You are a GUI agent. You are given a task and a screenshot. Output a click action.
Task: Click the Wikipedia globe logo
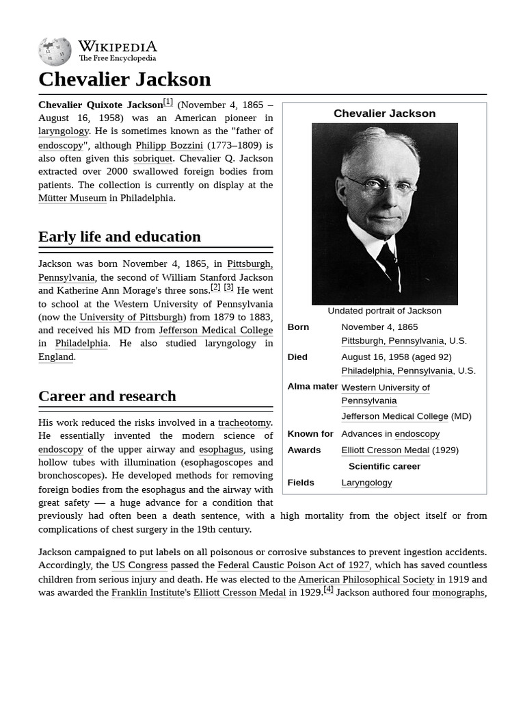55,52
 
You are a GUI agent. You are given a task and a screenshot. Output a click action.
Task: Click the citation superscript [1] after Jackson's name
168,102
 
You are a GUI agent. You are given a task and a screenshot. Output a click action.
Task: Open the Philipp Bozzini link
169,145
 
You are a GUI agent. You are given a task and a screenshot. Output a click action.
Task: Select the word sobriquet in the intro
152,158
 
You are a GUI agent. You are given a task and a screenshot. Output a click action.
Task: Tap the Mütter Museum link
72,198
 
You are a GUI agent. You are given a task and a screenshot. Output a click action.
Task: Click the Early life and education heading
120,237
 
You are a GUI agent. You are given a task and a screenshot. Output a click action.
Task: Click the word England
56,357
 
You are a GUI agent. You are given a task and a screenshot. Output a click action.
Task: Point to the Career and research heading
107,396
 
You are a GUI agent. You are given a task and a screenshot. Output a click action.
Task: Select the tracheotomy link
244,423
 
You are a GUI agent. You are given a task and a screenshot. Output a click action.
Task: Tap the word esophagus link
221,450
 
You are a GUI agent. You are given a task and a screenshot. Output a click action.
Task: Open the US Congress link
139,565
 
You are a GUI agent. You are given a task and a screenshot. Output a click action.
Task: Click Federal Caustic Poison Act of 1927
293,565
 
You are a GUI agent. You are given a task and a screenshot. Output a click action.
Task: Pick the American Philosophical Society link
366,579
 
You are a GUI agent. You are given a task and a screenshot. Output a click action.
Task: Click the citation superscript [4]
328,589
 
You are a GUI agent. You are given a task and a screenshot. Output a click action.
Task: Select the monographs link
458,592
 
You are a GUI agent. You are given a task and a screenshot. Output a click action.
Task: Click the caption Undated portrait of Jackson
384,311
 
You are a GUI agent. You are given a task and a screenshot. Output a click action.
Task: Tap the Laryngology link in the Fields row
366,483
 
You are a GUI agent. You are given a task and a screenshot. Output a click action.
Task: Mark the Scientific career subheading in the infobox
384,466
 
